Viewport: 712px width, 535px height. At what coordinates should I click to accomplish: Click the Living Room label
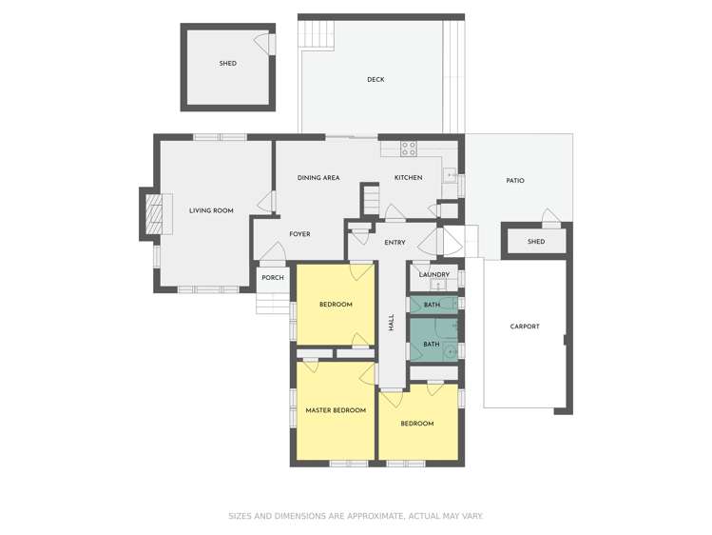point(210,210)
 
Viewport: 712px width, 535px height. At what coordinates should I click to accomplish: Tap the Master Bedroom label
point(335,410)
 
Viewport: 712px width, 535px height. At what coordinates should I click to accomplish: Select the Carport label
point(524,327)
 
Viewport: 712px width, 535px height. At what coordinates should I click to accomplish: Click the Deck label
point(375,80)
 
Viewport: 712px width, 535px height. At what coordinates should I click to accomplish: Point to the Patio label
point(514,181)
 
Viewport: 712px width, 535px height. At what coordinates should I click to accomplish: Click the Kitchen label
point(408,178)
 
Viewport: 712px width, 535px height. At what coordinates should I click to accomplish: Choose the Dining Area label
point(318,178)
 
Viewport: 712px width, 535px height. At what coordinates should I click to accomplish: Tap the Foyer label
point(299,234)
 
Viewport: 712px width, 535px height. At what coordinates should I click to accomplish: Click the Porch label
point(273,278)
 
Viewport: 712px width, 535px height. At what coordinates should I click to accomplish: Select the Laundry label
point(433,275)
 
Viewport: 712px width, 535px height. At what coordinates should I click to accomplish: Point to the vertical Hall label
point(391,323)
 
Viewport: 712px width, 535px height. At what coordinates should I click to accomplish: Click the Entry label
point(394,243)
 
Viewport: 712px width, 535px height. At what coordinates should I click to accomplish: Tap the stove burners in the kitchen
point(409,148)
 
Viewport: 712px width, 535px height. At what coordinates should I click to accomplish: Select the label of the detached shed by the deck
point(227,64)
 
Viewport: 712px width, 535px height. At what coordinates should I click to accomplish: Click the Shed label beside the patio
point(536,242)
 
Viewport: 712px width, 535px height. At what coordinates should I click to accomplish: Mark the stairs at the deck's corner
point(313,36)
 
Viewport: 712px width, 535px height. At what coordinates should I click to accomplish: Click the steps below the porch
point(269,304)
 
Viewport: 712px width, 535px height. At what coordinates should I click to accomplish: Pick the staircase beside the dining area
point(370,202)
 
